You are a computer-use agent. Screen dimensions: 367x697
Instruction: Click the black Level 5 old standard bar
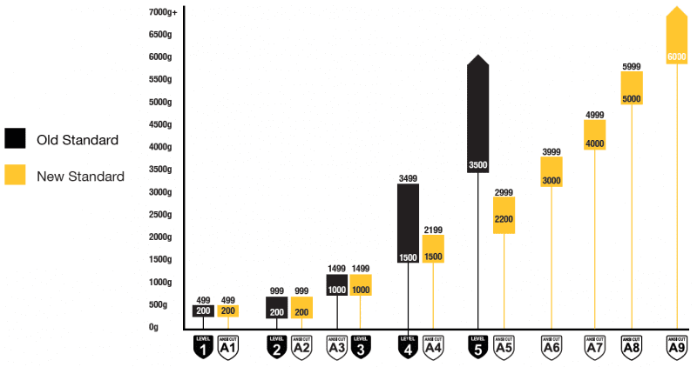tap(477, 113)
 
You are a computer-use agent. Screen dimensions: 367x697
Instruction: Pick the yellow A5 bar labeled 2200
tap(503, 215)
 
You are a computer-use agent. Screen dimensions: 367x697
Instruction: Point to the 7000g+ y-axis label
tap(163, 12)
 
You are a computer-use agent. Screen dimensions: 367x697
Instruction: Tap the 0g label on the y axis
tap(153, 327)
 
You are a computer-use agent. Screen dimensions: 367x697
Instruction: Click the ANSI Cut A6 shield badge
tap(551, 346)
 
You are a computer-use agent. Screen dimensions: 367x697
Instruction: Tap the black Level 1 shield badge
tap(203, 346)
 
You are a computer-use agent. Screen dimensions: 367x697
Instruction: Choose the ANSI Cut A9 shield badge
tap(676, 346)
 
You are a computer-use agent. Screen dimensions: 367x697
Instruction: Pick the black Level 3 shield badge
tap(360, 346)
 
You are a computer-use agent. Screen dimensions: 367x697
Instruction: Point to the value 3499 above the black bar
tap(408, 178)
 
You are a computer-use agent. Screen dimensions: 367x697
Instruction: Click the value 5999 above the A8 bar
tap(632, 66)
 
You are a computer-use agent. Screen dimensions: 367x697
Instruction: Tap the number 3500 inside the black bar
tap(477, 165)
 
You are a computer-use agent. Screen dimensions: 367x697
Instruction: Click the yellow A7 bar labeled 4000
tap(595, 135)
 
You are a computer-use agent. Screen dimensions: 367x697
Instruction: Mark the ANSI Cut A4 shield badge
tap(433, 346)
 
